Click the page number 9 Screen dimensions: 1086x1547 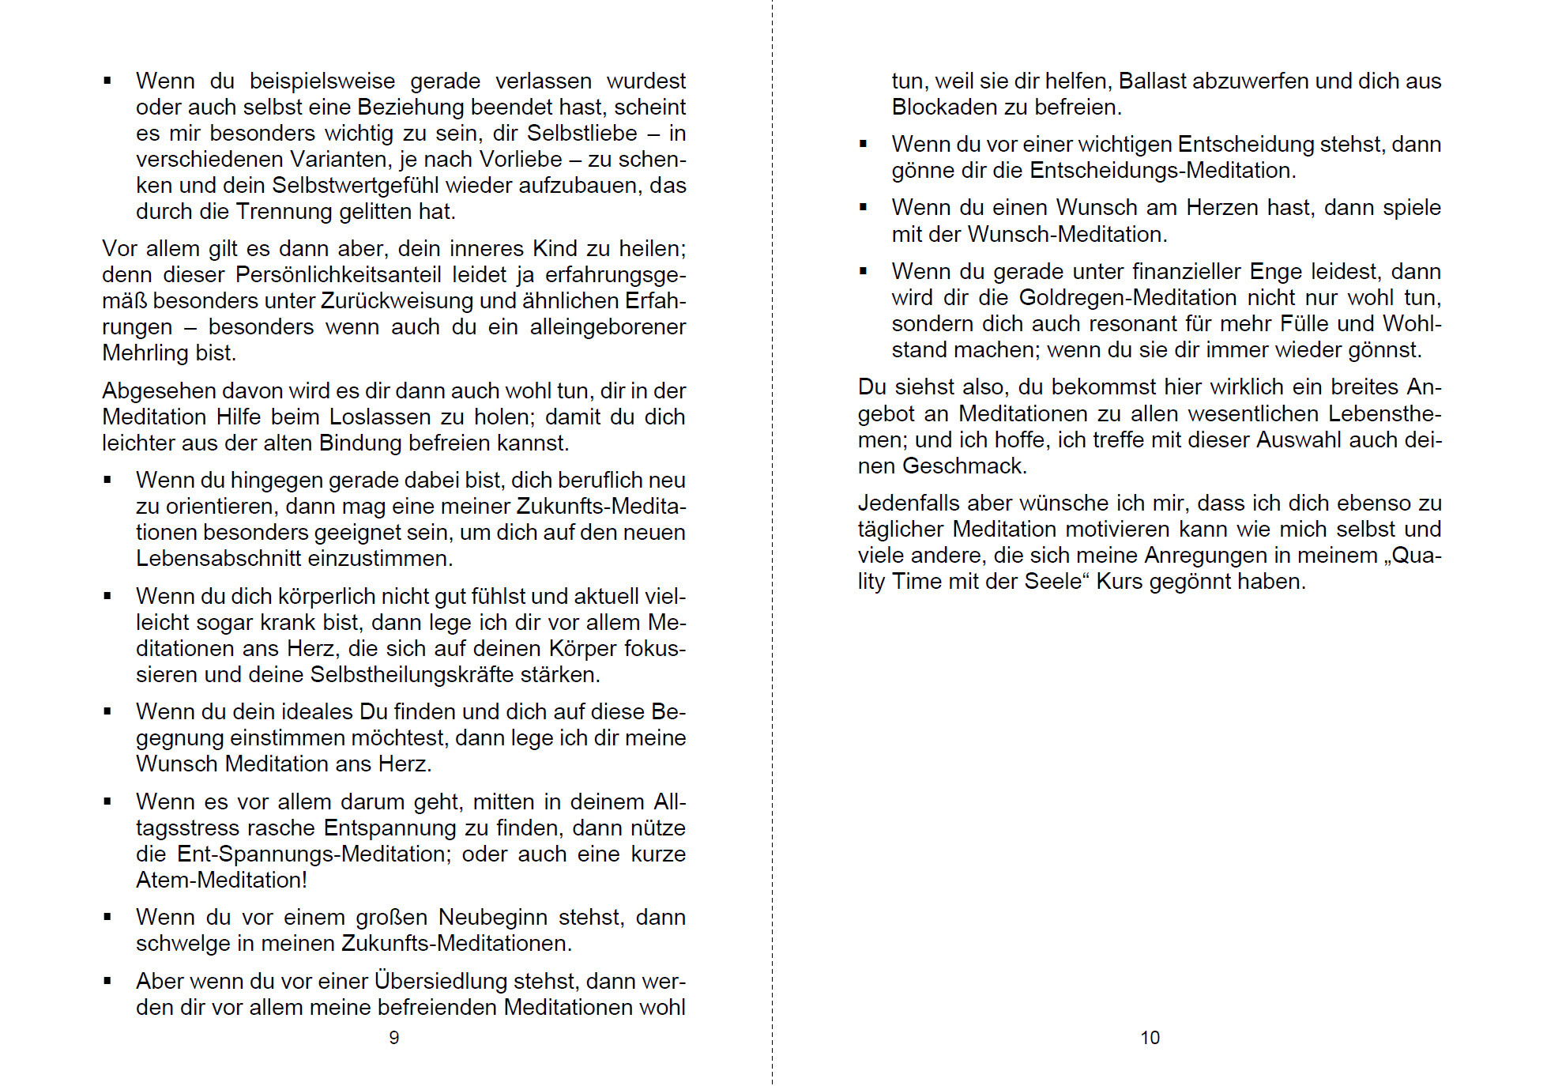(x=394, y=1038)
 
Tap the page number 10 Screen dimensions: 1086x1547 (x=1150, y=1038)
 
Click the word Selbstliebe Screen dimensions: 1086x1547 (x=582, y=133)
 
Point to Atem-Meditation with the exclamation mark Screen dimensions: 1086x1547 (x=221, y=880)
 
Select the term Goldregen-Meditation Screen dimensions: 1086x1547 (x=1128, y=297)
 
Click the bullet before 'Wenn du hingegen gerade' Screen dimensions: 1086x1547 (x=107, y=480)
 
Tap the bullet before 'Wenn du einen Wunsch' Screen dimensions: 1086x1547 (x=864, y=207)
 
